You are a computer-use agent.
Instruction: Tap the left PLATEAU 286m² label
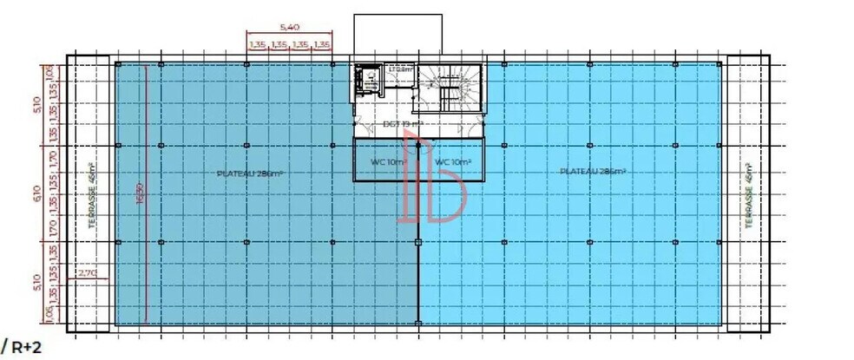[x=251, y=173]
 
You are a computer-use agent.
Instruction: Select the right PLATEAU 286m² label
[x=594, y=172]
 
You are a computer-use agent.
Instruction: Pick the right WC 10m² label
[x=452, y=161]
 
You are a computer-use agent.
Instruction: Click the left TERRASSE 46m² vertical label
[x=92, y=195]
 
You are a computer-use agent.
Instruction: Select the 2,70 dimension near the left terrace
[x=88, y=273]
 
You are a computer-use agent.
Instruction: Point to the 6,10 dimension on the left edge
[x=36, y=192]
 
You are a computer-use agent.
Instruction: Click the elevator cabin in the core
[x=366, y=82]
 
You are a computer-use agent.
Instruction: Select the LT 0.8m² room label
[x=399, y=69]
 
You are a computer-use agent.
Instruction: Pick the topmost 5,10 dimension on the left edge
[x=36, y=104]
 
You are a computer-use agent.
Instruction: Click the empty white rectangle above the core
[x=398, y=36]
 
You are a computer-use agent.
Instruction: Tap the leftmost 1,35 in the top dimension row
[x=257, y=44]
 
